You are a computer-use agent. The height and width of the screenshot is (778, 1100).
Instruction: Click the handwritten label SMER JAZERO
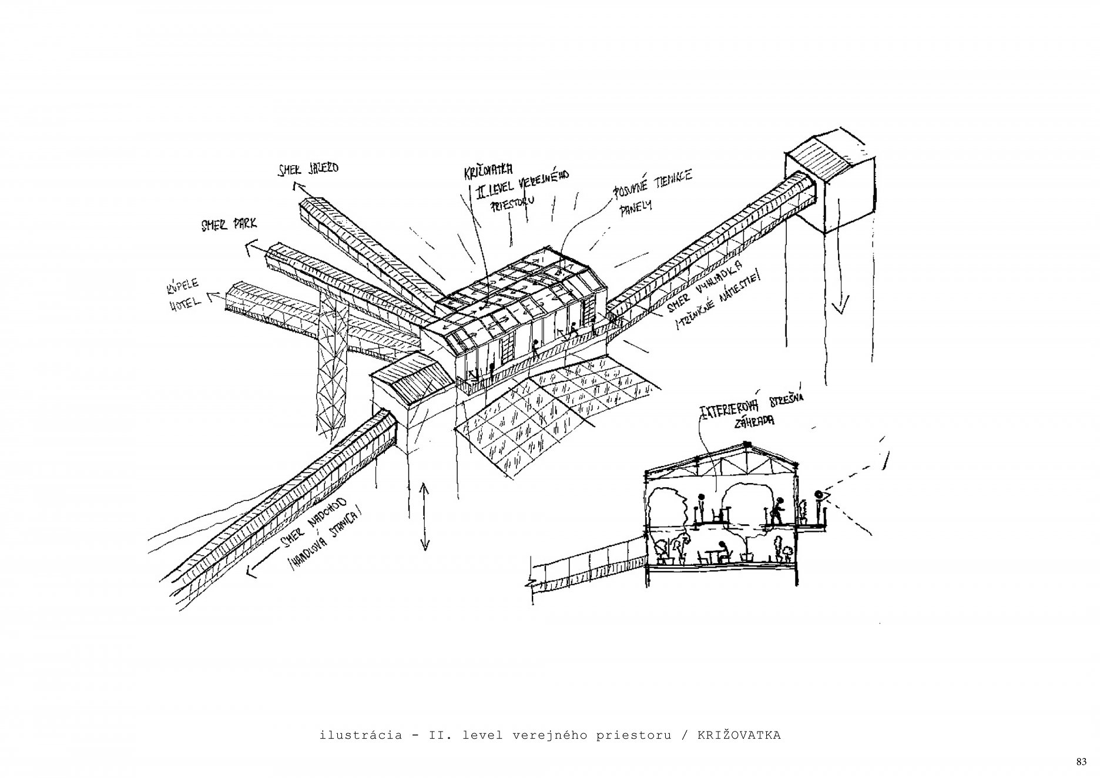308,169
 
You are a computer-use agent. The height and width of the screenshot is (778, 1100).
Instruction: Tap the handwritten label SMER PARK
229,225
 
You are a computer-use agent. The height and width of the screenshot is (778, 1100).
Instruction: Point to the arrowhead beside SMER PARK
249,249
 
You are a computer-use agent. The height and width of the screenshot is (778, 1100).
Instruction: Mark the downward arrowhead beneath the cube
843,306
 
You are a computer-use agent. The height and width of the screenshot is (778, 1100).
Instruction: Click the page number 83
1081,762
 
